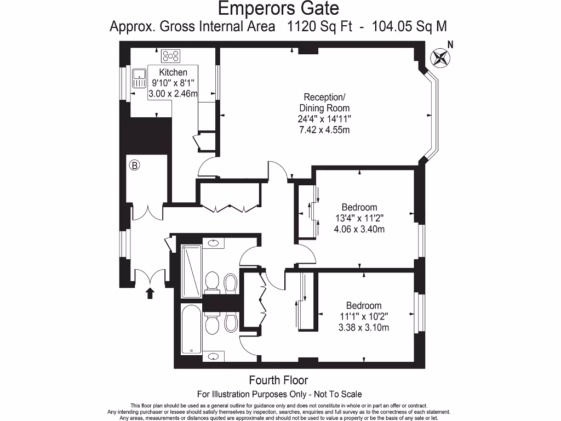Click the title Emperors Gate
tap(278, 9)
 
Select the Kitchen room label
tap(173, 72)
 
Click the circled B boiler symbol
tap(134, 164)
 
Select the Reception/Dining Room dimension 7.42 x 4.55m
tap(324, 130)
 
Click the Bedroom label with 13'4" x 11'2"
tap(359, 207)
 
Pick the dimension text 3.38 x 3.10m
tap(363, 328)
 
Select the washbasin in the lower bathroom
tap(214, 356)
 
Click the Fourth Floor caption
tap(278, 380)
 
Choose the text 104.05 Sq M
tap(410, 26)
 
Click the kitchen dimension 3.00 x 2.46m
tap(173, 93)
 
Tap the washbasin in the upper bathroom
tap(214, 243)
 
